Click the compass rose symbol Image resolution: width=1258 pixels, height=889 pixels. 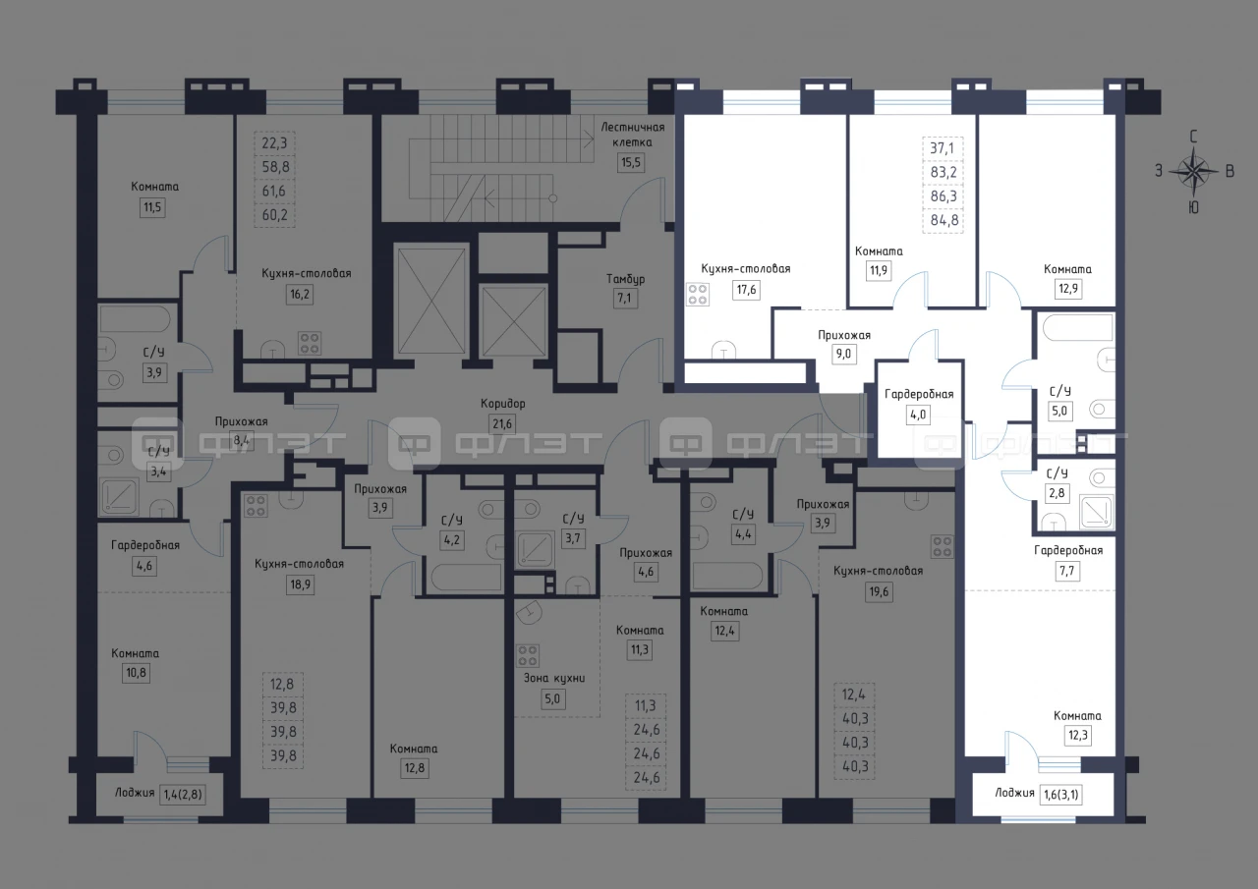point(1193,171)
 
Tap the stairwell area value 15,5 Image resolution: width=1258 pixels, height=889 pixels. point(631,163)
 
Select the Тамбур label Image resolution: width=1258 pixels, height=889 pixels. point(625,279)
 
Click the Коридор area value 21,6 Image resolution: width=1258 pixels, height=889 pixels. point(502,423)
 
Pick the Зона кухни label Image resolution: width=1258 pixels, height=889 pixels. point(554,678)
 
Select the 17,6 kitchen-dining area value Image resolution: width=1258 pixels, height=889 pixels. point(746,290)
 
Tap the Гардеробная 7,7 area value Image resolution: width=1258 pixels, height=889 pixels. point(1066,571)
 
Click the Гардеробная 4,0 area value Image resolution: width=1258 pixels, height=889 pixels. point(918,415)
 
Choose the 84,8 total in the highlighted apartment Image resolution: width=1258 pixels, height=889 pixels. point(944,220)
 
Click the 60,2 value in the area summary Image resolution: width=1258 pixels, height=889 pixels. point(274,215)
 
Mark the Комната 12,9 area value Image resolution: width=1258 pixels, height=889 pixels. point(1067,289)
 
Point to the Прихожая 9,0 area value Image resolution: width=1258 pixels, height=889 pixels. point(843,355)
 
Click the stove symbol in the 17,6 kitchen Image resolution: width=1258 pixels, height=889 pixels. point(698,295)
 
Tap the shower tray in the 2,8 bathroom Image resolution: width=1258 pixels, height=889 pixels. point(1096,512)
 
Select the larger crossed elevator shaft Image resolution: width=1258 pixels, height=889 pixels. point(431,302)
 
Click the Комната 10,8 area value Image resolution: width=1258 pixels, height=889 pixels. point(136,672)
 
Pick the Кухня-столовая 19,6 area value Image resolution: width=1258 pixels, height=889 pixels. point(879,591)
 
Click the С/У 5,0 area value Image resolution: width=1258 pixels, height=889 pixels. point(1059,411)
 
